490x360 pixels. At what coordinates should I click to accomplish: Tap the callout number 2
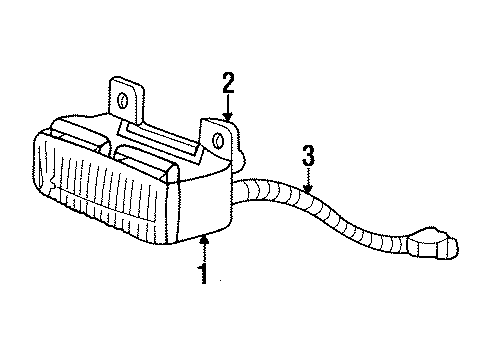228,83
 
